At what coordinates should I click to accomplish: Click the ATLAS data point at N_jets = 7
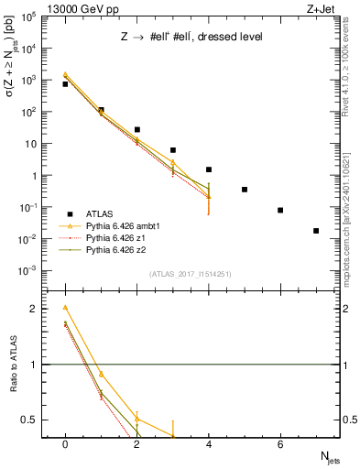point(316,231)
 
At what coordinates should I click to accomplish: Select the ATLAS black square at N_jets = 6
point(280,210)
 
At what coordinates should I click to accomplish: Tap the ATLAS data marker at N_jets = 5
point(245,190)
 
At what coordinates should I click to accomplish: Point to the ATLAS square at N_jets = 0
point(65,84)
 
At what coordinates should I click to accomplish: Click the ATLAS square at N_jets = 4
point(209,169)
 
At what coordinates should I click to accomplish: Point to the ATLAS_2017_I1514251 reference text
point(191,274)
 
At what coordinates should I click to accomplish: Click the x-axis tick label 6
point(280,444)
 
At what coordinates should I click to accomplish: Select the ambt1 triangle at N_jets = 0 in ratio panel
point(65,308)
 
